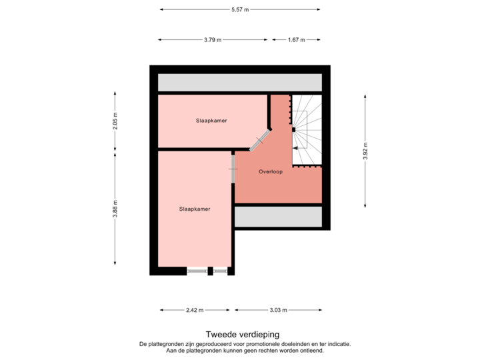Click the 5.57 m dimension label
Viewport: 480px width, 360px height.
(240, 10)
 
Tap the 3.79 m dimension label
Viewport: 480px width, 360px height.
(213, 40)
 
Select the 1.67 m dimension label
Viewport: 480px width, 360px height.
(296, 40)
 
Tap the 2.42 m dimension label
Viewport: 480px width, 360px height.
(195, 310)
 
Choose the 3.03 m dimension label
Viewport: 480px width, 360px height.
(279, 310)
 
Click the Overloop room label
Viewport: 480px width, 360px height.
(271, 172)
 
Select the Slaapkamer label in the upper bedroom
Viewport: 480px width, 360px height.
(211, 121)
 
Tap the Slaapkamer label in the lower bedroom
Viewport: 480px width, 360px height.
(195, 209)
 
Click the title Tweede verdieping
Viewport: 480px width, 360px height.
(242, 334)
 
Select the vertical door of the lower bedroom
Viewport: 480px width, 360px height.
(233, 169)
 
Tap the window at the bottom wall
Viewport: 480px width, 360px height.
(207, 271)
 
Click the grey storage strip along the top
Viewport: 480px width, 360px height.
(240, 83)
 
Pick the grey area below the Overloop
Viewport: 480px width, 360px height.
(278, 217)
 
